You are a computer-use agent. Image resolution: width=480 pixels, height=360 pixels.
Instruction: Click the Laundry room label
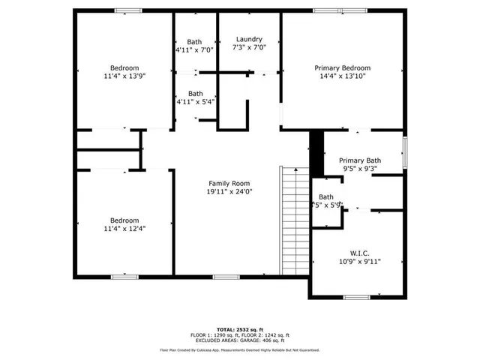249,39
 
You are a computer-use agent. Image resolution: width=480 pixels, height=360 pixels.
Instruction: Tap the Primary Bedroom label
342,67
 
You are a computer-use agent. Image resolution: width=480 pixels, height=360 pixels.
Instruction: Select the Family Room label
229,183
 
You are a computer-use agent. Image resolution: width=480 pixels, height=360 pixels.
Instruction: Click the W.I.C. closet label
359,253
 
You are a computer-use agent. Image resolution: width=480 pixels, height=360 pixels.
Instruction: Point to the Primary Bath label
360,160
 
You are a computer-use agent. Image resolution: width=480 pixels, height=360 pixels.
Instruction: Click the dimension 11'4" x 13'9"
124,76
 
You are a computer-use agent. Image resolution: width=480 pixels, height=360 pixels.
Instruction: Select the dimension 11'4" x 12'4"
124,229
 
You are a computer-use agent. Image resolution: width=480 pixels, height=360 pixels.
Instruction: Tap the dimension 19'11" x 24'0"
229,192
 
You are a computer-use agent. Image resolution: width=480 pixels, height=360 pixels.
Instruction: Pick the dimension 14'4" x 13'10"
342,76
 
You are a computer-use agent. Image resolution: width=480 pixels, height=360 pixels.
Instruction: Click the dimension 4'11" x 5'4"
195,102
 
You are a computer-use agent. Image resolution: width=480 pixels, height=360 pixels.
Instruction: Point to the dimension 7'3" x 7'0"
249,48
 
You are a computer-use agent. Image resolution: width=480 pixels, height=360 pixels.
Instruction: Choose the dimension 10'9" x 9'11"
359,262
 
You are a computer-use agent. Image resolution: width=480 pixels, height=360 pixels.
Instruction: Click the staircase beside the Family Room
293,221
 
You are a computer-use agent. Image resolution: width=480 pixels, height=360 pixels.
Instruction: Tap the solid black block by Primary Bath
316,143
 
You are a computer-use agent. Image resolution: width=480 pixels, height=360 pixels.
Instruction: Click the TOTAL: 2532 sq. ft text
240,329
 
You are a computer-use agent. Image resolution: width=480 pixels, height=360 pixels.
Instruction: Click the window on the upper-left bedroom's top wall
128,10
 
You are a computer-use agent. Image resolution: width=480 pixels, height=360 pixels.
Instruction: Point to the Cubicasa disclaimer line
240,350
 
